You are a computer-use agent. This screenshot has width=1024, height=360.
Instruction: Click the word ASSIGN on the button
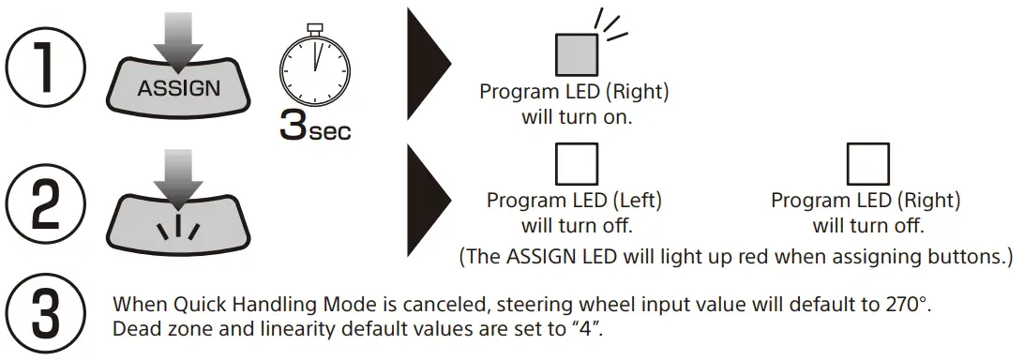click(x=179, y=89)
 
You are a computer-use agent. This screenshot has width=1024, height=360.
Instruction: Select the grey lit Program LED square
click(x=576, y=52)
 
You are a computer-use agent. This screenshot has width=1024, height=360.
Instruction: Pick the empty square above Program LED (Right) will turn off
click(x=866, y=163)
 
